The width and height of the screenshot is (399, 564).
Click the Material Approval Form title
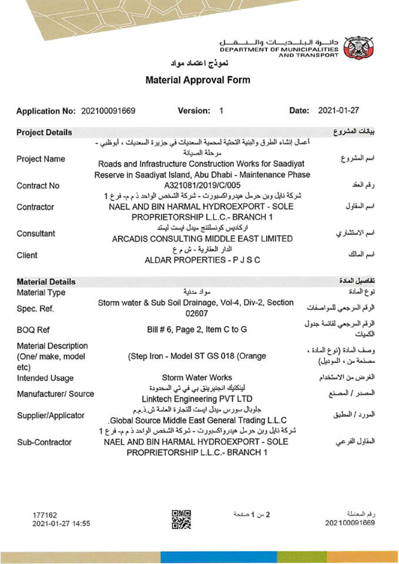[x=197, y=80]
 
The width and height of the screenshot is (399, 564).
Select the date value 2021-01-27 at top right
[x=338, y=110]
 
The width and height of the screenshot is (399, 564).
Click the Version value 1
[x=221, y=110]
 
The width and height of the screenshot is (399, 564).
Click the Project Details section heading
[x=44, y=132]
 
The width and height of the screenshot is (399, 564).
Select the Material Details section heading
[x=46, y=281]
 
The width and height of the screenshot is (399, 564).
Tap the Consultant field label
[x=36, y=233]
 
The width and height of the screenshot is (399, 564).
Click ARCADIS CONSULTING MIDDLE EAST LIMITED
[x=202, y=239]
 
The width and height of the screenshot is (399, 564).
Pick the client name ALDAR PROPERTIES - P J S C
[x=202, y=260]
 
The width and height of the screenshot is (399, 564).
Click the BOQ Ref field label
[x=33, y=330]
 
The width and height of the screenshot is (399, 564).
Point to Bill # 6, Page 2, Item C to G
[x=197, y=330]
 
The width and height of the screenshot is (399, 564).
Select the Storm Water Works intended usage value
[x=197, y=378]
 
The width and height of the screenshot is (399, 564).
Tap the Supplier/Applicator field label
[x=51, y=415]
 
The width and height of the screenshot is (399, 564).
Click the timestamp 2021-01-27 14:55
[x=61, y=523]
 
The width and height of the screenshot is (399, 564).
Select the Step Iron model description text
[x=197, y=356]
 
